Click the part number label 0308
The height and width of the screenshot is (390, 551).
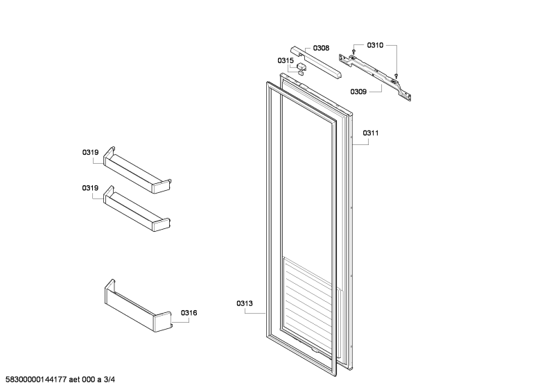pos(321,48)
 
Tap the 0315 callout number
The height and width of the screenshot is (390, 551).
pos(286,60)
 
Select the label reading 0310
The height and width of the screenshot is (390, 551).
pos(375,45)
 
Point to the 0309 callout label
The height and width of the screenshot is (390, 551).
pos(358,92)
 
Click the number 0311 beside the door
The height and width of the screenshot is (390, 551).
pos(371,133)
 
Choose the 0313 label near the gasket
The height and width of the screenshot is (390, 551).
pos(244,303)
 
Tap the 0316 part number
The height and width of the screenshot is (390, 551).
pos(189,312)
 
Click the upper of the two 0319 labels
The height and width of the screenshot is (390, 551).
pos(90,153)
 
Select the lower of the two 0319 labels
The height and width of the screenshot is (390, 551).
pos(90,188)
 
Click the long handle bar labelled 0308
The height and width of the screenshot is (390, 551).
pos(316,62)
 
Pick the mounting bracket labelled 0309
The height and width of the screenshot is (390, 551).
pos(375,77)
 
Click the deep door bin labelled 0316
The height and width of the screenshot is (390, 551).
pos(138,306)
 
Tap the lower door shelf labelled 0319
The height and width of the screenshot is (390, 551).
pos(137,209)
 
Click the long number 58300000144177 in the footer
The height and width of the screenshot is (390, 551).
pos(36,380)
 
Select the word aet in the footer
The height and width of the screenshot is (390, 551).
pos(74,380)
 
